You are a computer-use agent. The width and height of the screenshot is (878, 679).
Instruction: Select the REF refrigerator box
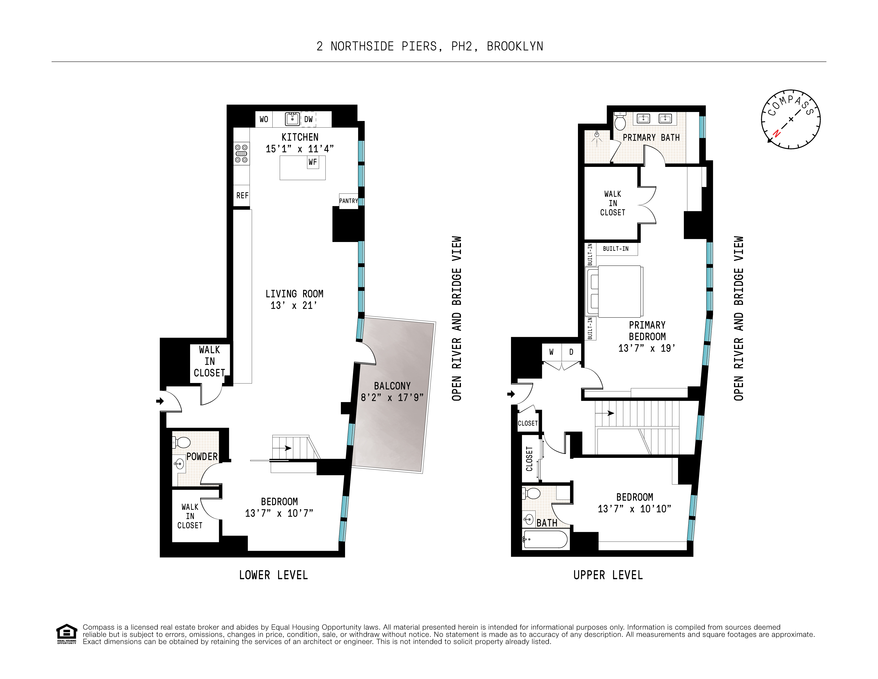pyautogui.click(x=242, y=195)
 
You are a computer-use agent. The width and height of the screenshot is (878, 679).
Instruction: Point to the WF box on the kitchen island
pyautogui.click(x=313, y=162)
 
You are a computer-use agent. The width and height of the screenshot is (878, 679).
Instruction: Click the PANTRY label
pyautogui.click(x=348, y=201)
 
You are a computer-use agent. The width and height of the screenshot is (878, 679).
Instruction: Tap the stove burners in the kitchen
pyautogui.click(x=241, y=154)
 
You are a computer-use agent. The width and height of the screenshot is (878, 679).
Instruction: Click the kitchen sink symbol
pyautogui.click(x=292, y=119)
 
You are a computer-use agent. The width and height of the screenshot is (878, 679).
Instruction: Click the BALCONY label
pyautogui.click(x=392, y=386)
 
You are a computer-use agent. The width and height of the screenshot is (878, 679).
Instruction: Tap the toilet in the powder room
pyautogui.click(x=182, y=442)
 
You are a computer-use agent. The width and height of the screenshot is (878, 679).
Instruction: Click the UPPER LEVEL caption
pyautogui.click(x=608, y=575)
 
